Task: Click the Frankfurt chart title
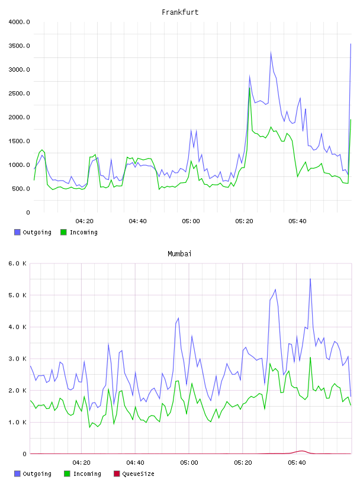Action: pos(180,12)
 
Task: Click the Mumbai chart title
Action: pos(179,253)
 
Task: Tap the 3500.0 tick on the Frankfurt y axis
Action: pos(19,46)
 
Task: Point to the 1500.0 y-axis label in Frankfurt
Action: pos(19,141)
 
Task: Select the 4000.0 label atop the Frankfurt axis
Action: pos(19,22)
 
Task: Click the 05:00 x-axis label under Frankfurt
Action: pos(191,221)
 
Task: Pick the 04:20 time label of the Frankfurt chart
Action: pos(85,221)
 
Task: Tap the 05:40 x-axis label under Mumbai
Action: pos(297,462)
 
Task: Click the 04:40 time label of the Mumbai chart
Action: pos(136,462)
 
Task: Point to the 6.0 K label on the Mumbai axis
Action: pos(17,263)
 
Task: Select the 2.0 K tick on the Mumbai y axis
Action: pos(17,390)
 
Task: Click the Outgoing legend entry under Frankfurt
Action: pos(33,232)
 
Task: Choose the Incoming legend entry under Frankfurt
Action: pos(79,232)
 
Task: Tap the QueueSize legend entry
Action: pos(134,474)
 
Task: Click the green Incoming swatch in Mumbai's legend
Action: pos(67,474)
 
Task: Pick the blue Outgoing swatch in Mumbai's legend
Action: pos(17,474)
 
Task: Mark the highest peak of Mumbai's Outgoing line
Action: pos(310,279)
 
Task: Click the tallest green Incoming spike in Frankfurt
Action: pos(250,88)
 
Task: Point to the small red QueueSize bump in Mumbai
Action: pos(301,451)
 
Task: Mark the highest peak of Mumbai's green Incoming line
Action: pos(310,358)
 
